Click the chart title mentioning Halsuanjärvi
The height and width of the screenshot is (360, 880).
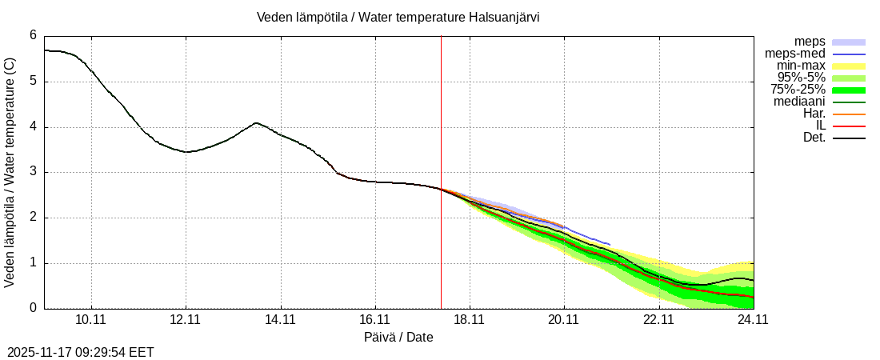tap(398, 17)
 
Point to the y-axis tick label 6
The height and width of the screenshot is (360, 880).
tap(33, 35)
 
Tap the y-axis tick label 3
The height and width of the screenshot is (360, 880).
tap(33, 172)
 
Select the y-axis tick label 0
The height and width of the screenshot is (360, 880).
tap(33, 308)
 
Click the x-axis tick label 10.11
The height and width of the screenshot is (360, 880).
tap(91, 320)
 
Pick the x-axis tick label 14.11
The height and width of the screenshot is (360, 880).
tap(280, 320)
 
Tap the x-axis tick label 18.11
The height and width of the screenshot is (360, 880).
tap(469, 320)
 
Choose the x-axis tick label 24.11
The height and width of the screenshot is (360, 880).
tap(752, 320)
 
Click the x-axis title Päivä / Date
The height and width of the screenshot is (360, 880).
tap(398, 337)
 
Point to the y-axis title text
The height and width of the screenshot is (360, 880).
tap(10, 172)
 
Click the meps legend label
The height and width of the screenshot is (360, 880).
tap(810, 42)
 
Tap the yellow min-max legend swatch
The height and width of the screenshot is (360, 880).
tap(849, 66)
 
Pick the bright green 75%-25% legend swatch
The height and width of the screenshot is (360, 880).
tap(849, 90)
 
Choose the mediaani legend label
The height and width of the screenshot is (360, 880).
tap(799, 102)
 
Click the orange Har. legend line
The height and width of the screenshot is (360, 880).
tap(849, 114)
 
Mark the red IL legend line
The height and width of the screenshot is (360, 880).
tap(849, 126)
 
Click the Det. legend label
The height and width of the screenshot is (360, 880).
tap(814, 138)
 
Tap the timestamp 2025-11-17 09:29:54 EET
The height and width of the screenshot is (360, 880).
tap(81, 352)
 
